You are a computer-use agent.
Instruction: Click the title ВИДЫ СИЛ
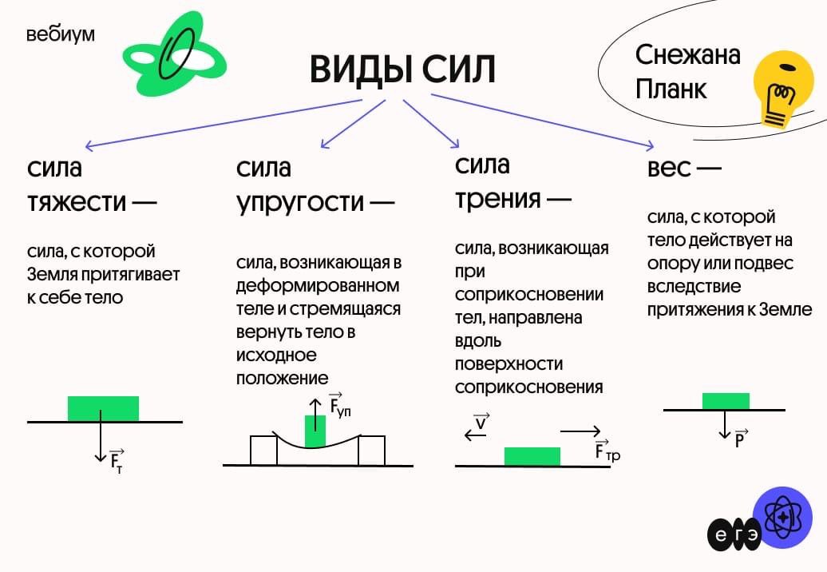[402, 70]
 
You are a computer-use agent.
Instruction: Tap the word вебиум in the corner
[60, 36]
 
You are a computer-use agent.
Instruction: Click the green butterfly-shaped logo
[173, 54]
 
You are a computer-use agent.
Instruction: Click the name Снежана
[687, 55]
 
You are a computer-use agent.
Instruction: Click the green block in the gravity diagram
[103, 408]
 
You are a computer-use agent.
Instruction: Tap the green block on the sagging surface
[315, 431]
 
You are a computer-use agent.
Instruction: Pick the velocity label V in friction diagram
[481, 422]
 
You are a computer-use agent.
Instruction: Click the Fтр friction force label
[607, 451]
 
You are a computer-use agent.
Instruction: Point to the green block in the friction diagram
[532, 456]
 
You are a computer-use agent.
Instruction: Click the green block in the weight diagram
[726, 401]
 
